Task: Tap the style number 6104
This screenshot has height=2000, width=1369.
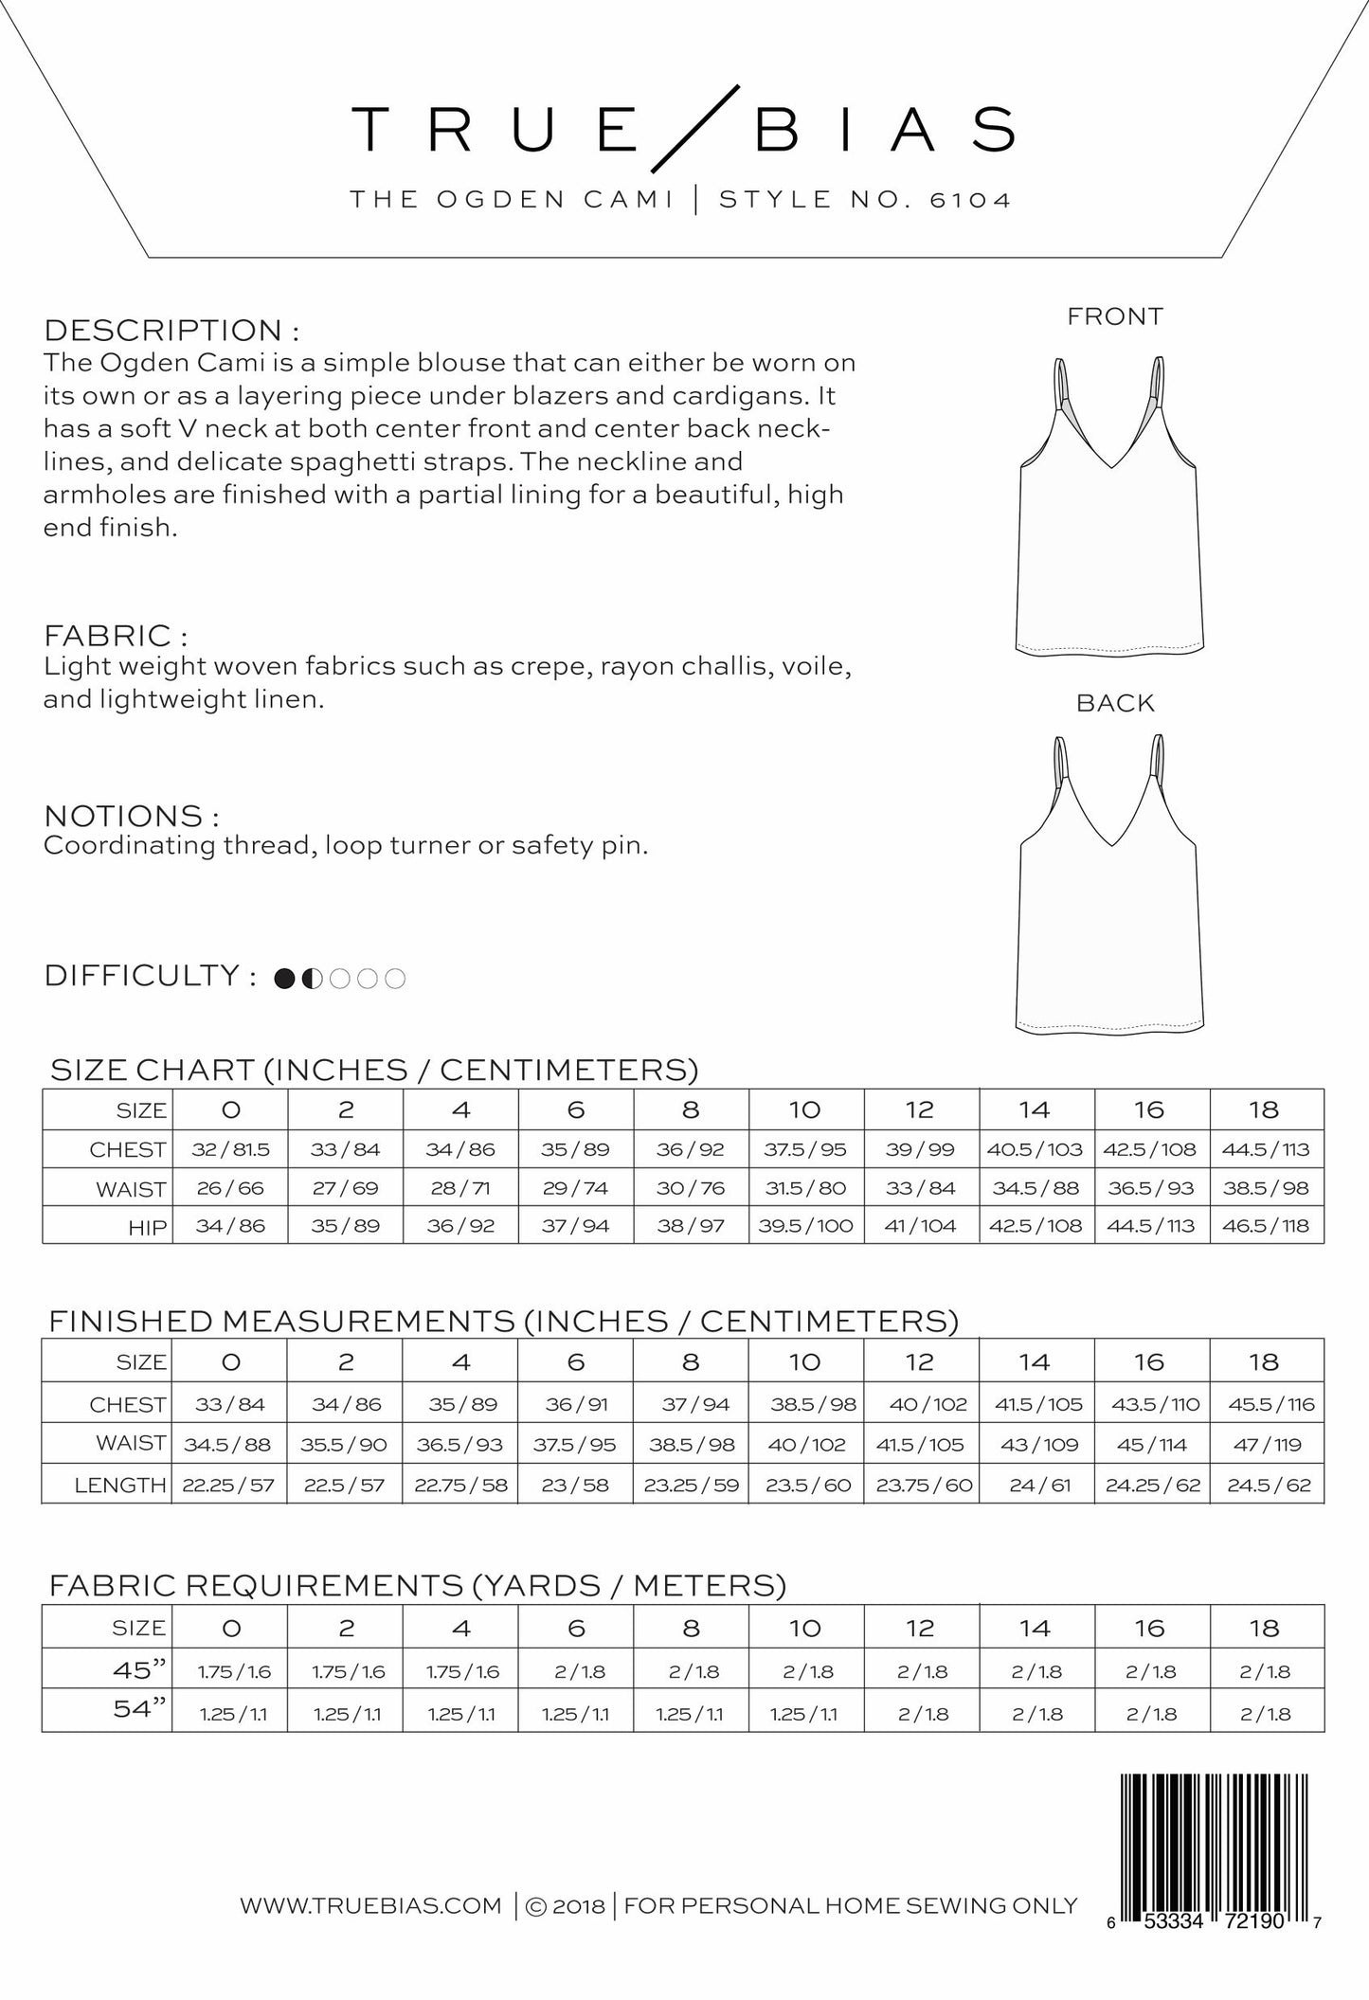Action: (x=971, y=200)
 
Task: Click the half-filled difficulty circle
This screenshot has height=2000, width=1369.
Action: (x=312, y=979)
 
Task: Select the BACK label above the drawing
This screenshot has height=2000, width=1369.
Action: (x=1115, y=703)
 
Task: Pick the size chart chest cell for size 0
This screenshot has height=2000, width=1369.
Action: (x=230, y=1149)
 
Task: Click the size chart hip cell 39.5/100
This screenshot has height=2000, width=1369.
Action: (x=805, y=1226)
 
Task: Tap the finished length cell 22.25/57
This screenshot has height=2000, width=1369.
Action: (x=228, y=1485)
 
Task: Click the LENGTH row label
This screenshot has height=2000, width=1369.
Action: (x=120, y=1486)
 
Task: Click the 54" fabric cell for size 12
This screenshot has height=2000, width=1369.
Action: (x=921, y=1713)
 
